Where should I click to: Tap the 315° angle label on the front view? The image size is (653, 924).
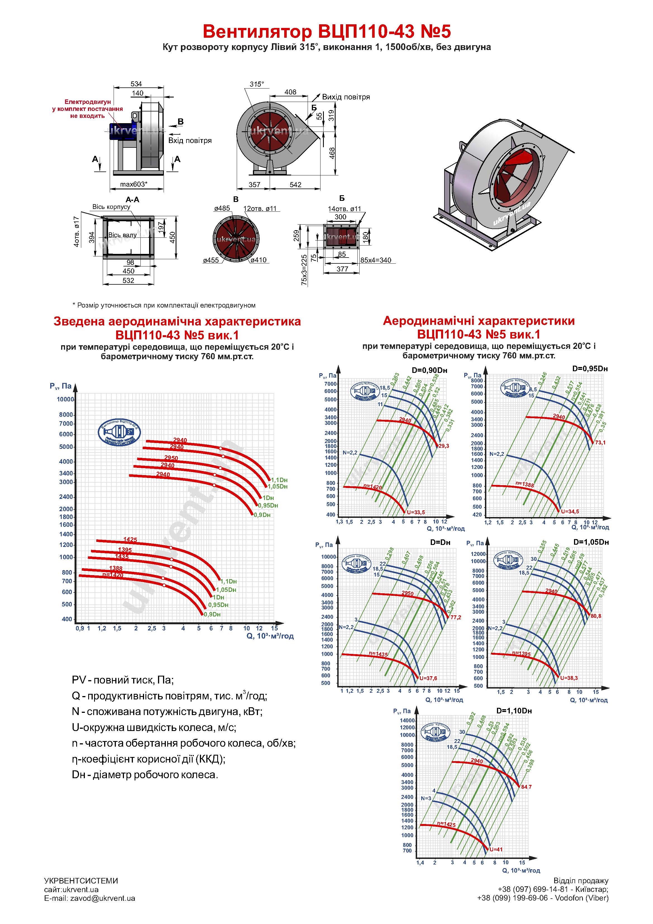click(x=257, y=84)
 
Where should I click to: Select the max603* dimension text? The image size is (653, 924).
click(x=133, y=185)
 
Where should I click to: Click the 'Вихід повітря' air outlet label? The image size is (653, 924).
click(x=346, y=97)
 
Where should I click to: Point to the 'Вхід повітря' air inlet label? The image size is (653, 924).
click(x=190, y=140)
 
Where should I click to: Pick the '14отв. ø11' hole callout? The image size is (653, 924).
click(x=345, y=209)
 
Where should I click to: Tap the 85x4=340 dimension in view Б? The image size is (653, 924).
click(x=375, y=260)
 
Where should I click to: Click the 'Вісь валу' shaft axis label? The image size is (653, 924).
click(x=122, y=235)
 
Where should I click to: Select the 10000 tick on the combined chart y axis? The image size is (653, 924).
click(x=65, y=399)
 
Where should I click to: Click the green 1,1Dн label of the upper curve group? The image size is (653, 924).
click(x=279, y=480)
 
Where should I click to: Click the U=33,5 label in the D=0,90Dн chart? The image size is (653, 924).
click(x=416, y=512)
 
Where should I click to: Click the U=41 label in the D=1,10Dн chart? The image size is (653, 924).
click(x=496, y=849)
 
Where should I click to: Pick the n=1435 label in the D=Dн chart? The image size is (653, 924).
click(x=378, y=655)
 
